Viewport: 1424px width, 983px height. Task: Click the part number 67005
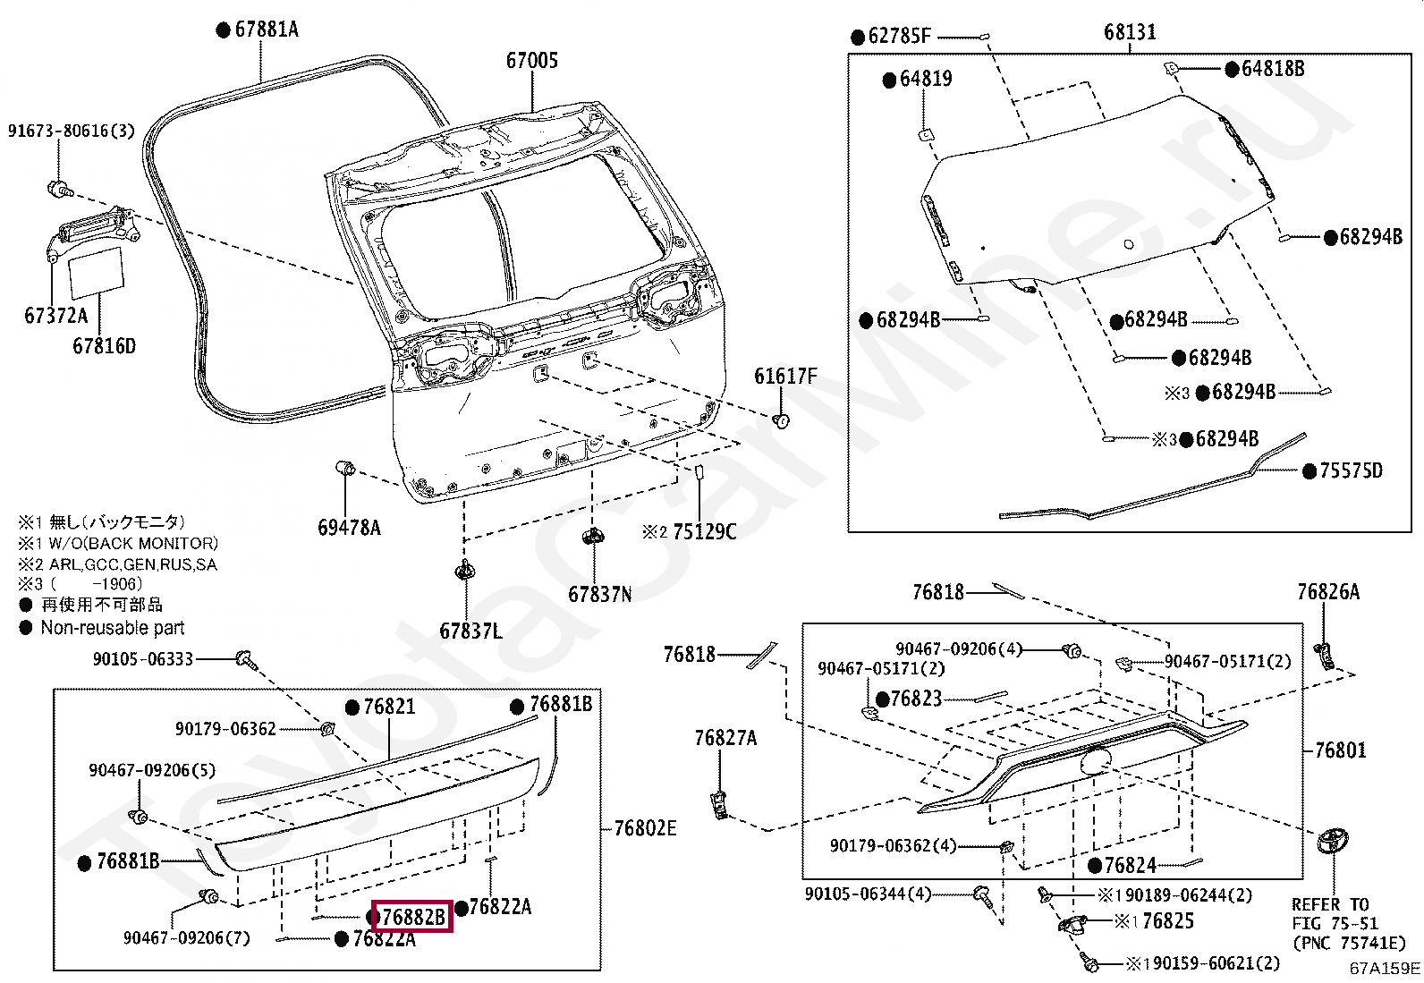click(531, 61)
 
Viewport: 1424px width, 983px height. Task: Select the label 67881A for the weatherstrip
click(266, 30)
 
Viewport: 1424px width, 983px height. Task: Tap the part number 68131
click(1130, 32)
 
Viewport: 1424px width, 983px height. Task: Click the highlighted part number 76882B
click(412, 917)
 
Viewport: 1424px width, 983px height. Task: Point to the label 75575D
click(1351, 470)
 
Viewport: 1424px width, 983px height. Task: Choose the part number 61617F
click(785, 377)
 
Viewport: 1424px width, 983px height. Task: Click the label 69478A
click(349, 528)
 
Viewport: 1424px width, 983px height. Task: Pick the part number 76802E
click(645, 828)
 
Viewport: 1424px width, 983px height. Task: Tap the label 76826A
click(1327, 592)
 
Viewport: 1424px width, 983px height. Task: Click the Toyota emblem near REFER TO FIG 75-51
click(1333, 841)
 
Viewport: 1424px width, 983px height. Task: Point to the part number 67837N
click(599, 594)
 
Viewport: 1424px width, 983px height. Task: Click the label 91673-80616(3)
click(72, 131)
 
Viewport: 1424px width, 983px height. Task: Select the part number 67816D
click(104, 346)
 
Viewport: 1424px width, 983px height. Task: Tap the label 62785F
click(899, 37)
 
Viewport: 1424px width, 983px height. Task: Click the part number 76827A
click(725, 738)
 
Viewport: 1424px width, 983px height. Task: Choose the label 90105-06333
click(143, 659)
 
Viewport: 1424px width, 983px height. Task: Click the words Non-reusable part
click(113, 628)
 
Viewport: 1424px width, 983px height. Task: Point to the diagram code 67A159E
click(1385, 968)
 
